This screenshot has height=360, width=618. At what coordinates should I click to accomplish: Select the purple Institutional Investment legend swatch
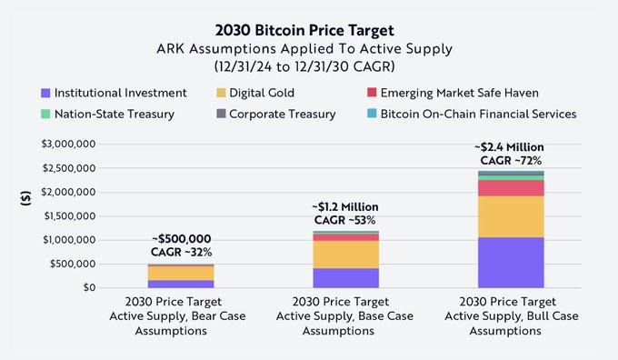(45, 93)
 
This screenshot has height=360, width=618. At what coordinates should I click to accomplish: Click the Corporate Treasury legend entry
(274, 114)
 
